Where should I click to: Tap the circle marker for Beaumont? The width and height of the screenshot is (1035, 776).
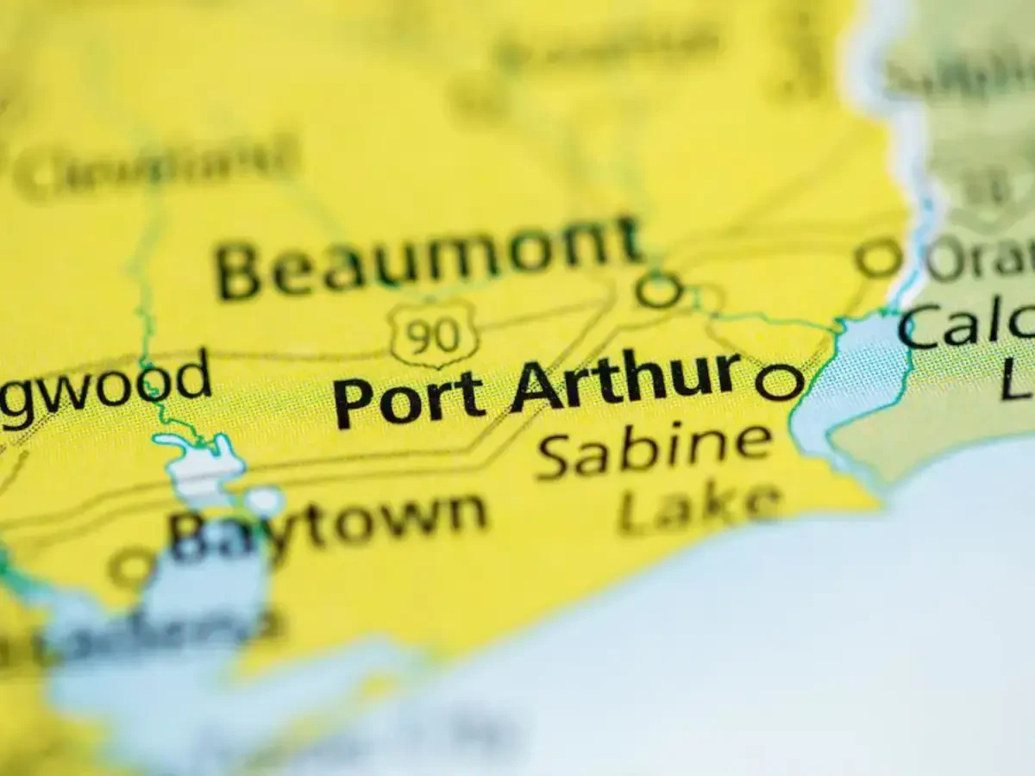coord(660,290)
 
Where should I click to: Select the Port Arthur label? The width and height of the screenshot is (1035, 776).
coord(536,388)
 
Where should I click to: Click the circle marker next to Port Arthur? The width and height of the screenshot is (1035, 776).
coord(779,381)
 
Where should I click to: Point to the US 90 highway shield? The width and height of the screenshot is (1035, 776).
coord(433,335)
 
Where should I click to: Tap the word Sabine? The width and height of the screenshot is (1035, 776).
coord(654,449)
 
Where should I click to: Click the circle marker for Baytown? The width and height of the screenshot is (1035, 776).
coord(132,567)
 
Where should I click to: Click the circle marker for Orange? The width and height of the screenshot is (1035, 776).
coord(878,258)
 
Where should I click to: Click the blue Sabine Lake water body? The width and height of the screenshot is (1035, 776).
coord(850,379)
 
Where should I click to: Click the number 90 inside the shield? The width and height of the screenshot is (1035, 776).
coord(433,336)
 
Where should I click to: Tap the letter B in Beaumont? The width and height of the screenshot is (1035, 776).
coord(238,271)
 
